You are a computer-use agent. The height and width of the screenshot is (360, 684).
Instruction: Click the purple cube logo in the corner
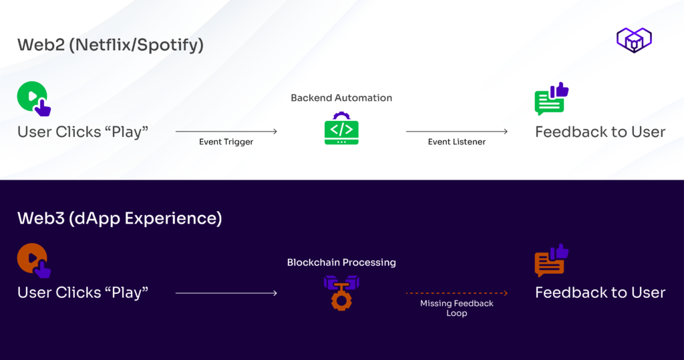[634, 40]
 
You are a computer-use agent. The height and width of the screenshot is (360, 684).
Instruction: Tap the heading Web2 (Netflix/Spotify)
[110, 45]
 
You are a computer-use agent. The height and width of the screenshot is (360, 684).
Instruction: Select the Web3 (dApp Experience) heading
[120, 218]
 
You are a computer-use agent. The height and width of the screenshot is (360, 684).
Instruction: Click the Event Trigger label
[226, 142]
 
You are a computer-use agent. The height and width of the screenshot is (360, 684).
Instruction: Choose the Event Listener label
[457, 142]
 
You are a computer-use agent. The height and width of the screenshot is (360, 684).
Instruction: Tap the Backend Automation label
[341, 98]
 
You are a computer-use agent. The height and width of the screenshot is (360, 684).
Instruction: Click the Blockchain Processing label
[341, 262]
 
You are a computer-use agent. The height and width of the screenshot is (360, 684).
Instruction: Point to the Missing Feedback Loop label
[457, 308]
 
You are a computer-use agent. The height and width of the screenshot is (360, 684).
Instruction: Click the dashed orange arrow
[457, 293]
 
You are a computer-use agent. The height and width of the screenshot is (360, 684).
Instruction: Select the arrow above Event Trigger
[226, 132]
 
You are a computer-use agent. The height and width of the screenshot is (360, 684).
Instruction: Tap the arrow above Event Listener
[457, 132]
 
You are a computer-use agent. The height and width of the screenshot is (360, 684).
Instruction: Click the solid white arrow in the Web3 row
[226, 293]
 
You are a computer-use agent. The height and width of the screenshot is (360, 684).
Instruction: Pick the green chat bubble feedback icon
[551, 100]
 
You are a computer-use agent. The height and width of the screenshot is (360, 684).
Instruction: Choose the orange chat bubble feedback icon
[551, 261]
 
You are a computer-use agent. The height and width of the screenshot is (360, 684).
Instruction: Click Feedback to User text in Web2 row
[600, 132]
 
